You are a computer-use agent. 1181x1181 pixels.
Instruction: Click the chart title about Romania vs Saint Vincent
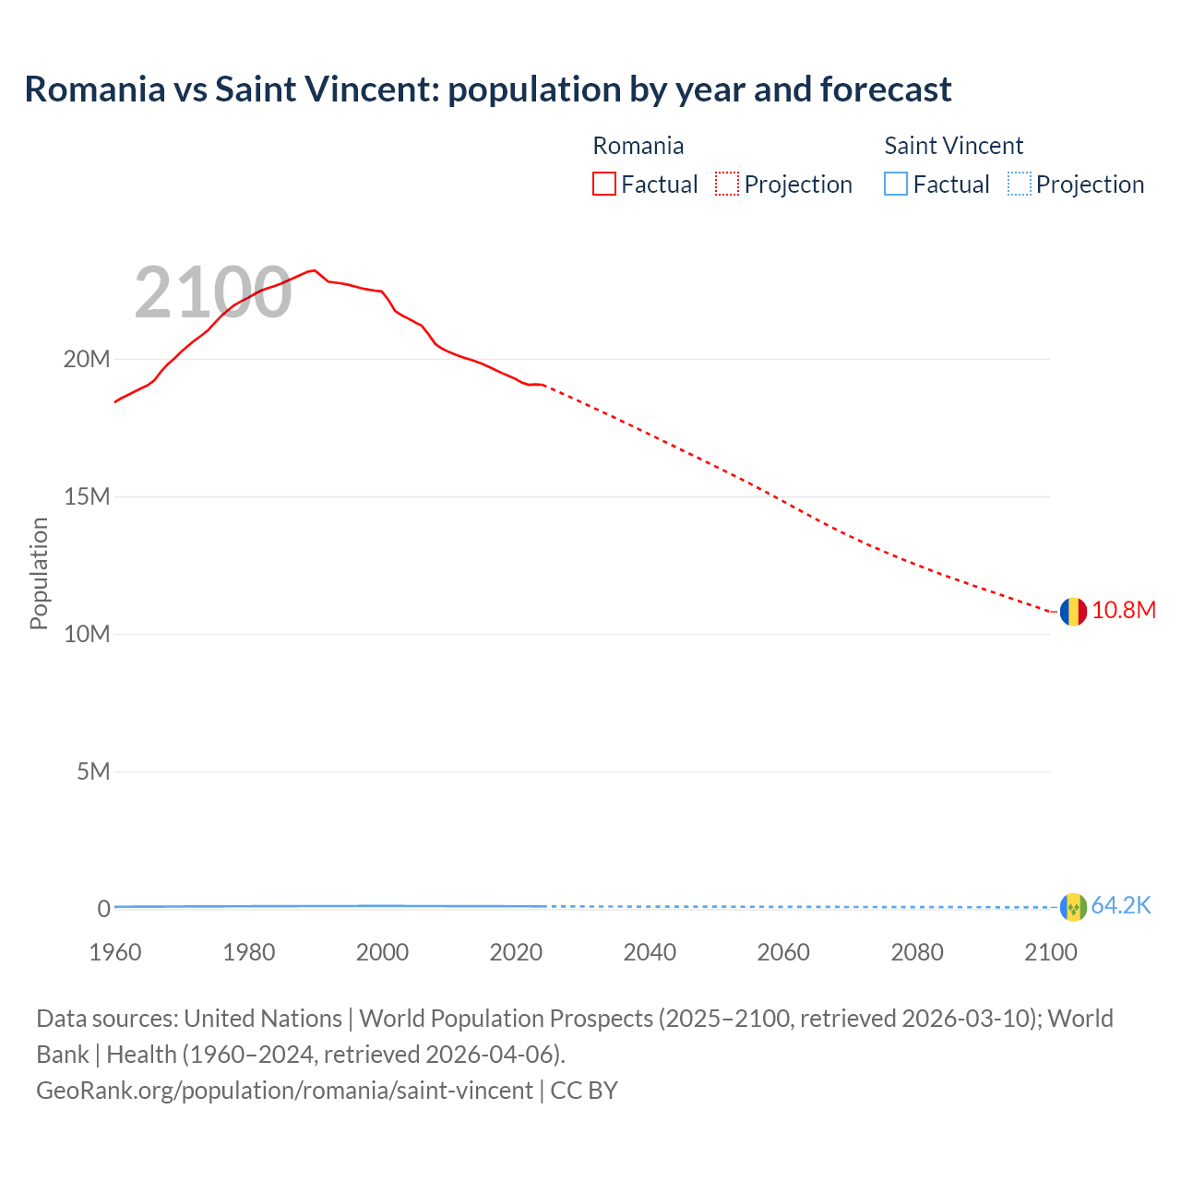click(487, 89)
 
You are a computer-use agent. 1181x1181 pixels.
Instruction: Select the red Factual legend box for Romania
click(603, 184)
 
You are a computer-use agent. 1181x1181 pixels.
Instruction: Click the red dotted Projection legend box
click(727, 184)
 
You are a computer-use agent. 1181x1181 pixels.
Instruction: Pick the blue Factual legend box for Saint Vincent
click(896, 184)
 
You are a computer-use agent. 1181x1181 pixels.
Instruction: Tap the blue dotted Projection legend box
click(1020, 184)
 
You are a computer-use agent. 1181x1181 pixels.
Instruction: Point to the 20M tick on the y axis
click(87, 359)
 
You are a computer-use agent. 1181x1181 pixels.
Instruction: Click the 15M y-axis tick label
click(87, 496)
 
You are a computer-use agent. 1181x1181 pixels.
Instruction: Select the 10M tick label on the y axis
click(87, 634)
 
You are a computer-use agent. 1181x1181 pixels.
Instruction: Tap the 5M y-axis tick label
click(93, 771)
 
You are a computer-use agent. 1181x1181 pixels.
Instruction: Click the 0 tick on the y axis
click(103, 909)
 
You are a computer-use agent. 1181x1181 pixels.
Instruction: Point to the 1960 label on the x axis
click(115, 952)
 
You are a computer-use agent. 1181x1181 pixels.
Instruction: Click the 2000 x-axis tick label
click(382, 952)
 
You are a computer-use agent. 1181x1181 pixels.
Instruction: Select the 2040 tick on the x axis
click(650, 952)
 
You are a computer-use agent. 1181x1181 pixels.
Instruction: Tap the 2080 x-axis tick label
click(917, 952)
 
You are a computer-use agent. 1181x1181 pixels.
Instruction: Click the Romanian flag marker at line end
click(1073, 612)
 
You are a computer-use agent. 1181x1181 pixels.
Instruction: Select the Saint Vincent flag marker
click(1073, 907)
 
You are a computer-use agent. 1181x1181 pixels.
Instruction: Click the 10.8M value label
click(1123, 611)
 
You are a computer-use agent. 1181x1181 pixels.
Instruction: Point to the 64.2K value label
click(1121, 906)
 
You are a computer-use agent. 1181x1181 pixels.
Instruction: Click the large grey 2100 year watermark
click(213, 293)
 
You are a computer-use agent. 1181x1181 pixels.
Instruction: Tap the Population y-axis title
click(39, 573)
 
